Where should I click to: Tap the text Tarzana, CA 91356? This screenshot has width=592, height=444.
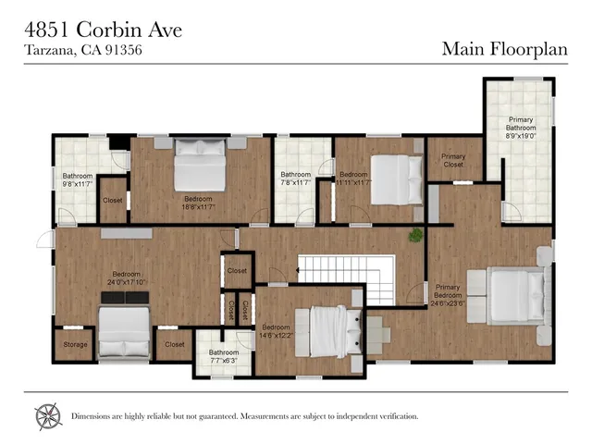[x=81, y=50]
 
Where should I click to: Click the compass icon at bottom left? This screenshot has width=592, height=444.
[x=48, y=416]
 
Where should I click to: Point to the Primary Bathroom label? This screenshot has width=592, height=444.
[x=520, y=128]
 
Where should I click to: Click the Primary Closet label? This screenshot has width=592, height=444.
[x=453, y=162]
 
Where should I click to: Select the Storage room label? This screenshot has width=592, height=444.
[x=75, y=345]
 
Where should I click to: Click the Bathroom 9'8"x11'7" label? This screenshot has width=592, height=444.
[x=78, y=180]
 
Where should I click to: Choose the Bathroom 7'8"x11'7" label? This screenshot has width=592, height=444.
[x=296, y=179]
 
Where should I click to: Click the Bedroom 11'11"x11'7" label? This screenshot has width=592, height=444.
[x=354, y=179]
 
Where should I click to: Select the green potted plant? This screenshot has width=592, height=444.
[x=415, y=235]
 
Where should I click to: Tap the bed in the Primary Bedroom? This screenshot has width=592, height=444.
[x=515, y=295]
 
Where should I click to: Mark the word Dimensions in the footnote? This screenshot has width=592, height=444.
[x=94, y=416]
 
